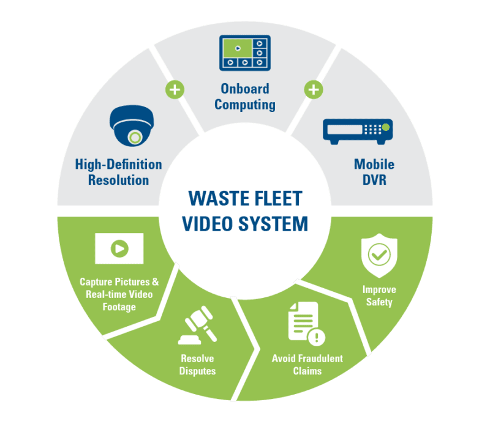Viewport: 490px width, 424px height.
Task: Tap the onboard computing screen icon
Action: click(244, 52)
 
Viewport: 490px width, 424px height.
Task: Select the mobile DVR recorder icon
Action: click(356, 130)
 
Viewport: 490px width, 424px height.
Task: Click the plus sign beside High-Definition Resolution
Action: click(175, 90)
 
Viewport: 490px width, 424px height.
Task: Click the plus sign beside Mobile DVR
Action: click(314, 90)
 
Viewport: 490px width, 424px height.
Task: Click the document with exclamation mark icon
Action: click(306, 322)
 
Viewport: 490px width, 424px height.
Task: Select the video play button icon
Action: click(119, 248)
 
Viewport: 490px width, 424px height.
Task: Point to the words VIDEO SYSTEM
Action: click(245, 223)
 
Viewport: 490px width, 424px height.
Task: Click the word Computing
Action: click(245, 105)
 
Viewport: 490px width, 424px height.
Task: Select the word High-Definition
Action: click(118, 164)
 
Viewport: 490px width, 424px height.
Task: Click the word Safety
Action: click(379, 302)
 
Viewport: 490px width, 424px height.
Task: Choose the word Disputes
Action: click(198, 371)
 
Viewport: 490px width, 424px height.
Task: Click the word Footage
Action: click(119, 307)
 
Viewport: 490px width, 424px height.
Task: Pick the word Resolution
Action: click(118, 180)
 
